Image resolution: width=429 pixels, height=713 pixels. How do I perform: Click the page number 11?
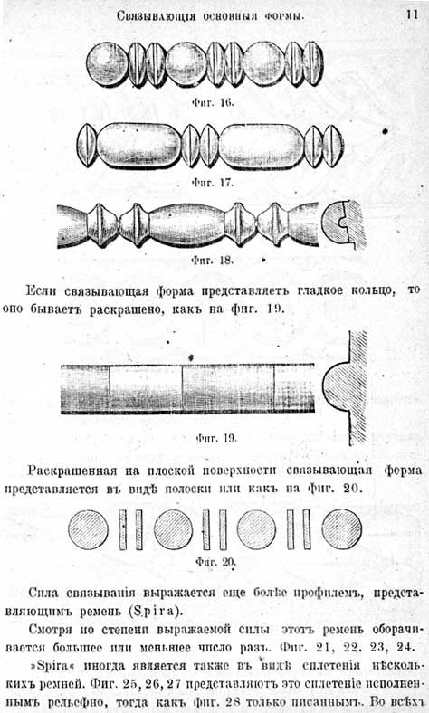[412, 14]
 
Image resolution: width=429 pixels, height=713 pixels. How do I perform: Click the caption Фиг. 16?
[213, 102]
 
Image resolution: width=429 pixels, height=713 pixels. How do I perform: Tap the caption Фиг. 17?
[213, 183]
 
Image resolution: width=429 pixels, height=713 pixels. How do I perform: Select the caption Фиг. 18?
[213, 261]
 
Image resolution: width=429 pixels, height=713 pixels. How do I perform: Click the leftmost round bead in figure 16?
[108, 64]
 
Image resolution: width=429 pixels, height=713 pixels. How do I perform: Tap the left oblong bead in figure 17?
[139, 145]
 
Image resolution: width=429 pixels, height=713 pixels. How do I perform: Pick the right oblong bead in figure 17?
[262, 146]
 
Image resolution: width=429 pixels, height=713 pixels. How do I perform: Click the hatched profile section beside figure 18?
[344, 224]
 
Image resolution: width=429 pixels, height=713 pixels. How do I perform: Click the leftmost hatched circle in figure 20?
[89, 529]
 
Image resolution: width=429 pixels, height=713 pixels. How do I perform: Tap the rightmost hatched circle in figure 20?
[342, 529]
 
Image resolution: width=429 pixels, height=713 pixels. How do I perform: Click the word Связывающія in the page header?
[156, 17]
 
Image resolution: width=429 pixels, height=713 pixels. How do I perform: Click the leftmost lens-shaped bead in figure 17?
[88, 146]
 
